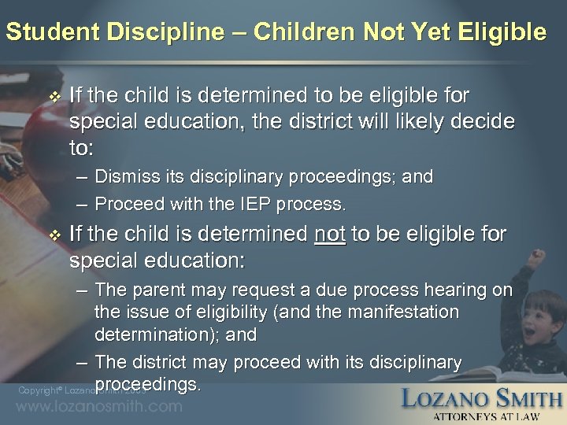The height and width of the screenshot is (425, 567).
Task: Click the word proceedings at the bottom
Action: point(147,384)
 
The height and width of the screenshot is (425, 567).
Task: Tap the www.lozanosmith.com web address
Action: point(99,407)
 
